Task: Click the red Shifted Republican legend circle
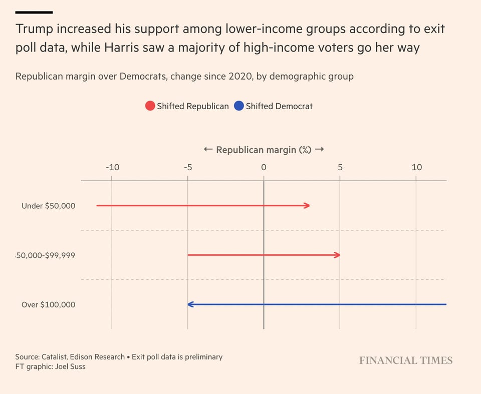click(x=150, y=106)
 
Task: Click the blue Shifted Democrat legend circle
click(x=238, y=106)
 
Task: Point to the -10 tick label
click(x=112, y=167)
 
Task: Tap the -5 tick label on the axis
click(x=187, y=167)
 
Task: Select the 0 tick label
click(x=264, y=167)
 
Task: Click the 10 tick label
click(x=416, y=167)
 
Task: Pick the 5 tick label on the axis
click(x=340, y=167)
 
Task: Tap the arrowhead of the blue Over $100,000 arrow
click(x=190, y=304)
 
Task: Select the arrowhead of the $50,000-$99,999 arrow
click(x=338, y=255)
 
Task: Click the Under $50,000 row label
click(x=48, y=206)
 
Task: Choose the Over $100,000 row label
click(x=48, y=304)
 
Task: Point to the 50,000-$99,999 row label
click(x=46, y=255)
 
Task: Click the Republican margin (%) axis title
click(x=264, y=150)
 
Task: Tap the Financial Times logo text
click(x=405, y=360)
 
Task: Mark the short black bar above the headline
click(x=34, y=12)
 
